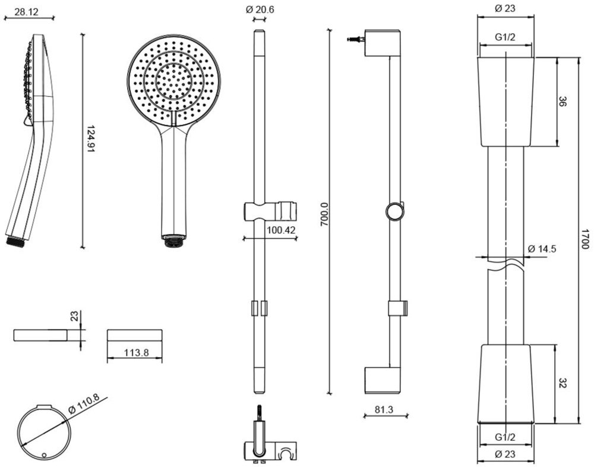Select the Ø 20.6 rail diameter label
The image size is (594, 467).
pyautogui.click(x=260, y=9)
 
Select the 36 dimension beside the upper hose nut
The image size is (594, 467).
pyautogui.click(x=562, y=102)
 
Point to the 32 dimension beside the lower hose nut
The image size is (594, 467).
pyautogui.click(x=562, y=383)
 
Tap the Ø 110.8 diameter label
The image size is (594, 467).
pyautogui.click(x=84, y=402)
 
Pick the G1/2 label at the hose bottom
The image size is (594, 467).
pyautogui.click(x=505, y=437)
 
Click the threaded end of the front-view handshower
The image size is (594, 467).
pyautogui.click(x=173, y=242)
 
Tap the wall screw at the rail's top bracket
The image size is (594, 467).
pyautogui.click(x=355, y=40)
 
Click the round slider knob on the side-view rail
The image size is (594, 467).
pyautogui.click(x=394, y=211)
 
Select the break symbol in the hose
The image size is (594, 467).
pyautogui.click(x=505, y=263)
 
